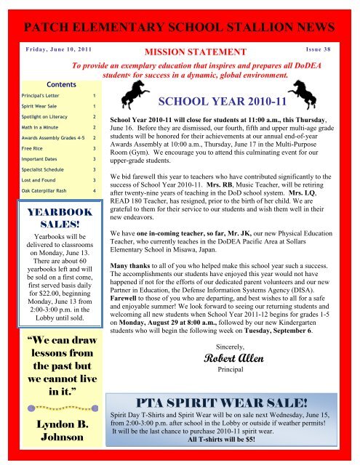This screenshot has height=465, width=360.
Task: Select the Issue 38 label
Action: (321, 53)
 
